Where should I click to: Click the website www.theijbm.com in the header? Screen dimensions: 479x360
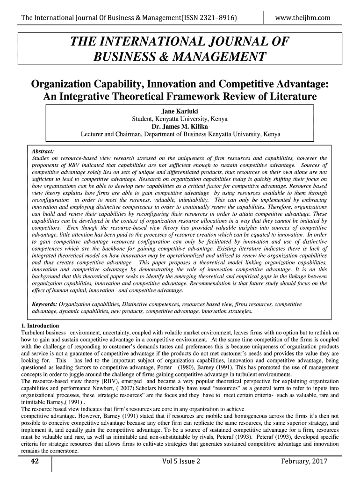303,18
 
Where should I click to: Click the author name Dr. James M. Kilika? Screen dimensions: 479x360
180,127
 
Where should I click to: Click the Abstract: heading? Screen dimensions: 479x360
43,152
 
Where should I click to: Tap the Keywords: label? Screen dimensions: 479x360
44,304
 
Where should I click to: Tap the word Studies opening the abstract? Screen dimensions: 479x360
42,159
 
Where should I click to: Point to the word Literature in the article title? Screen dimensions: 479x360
289,97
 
